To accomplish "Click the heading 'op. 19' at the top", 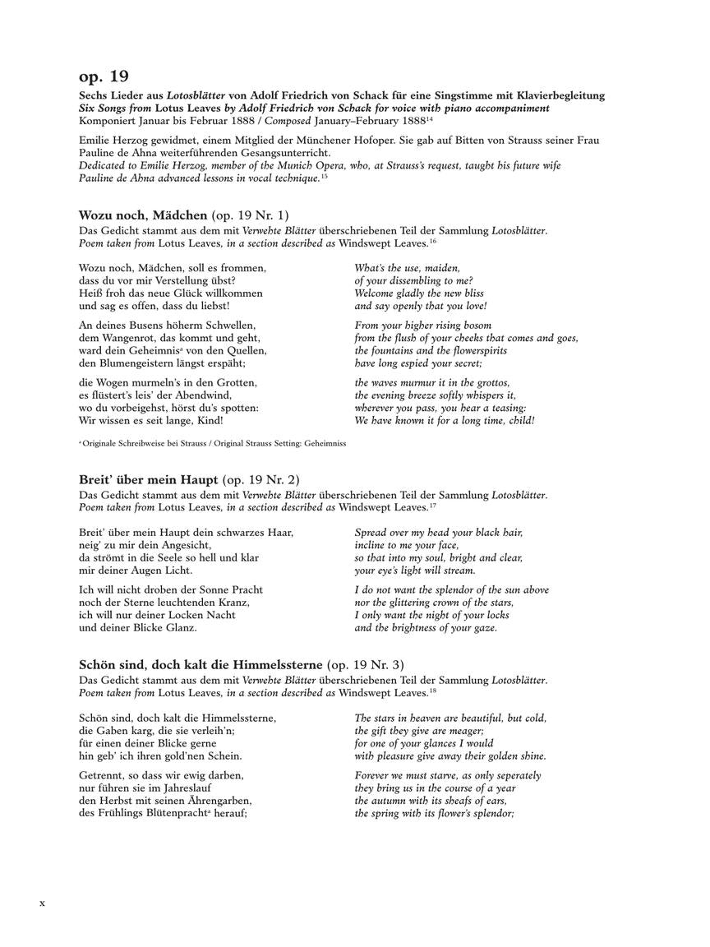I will (104, 76).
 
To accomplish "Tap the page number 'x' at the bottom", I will (43, 903).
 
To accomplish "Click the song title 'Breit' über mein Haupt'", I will (149, 479).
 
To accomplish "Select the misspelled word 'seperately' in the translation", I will (513, 775).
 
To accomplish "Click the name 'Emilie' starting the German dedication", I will (98, 141).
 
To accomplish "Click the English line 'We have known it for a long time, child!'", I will (445, 420).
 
